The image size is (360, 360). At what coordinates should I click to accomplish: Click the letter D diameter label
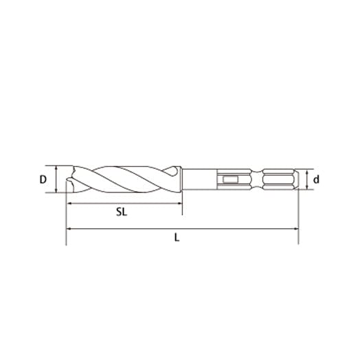click(43, 180)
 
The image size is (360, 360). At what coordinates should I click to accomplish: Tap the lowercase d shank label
click(316, 180)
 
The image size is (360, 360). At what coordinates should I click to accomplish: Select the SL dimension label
click(122, 212)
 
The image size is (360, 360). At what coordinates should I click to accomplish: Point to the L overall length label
click(177, 238)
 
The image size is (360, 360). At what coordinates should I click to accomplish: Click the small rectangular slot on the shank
click(229, 181)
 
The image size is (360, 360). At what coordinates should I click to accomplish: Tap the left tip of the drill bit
click(67, 183)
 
